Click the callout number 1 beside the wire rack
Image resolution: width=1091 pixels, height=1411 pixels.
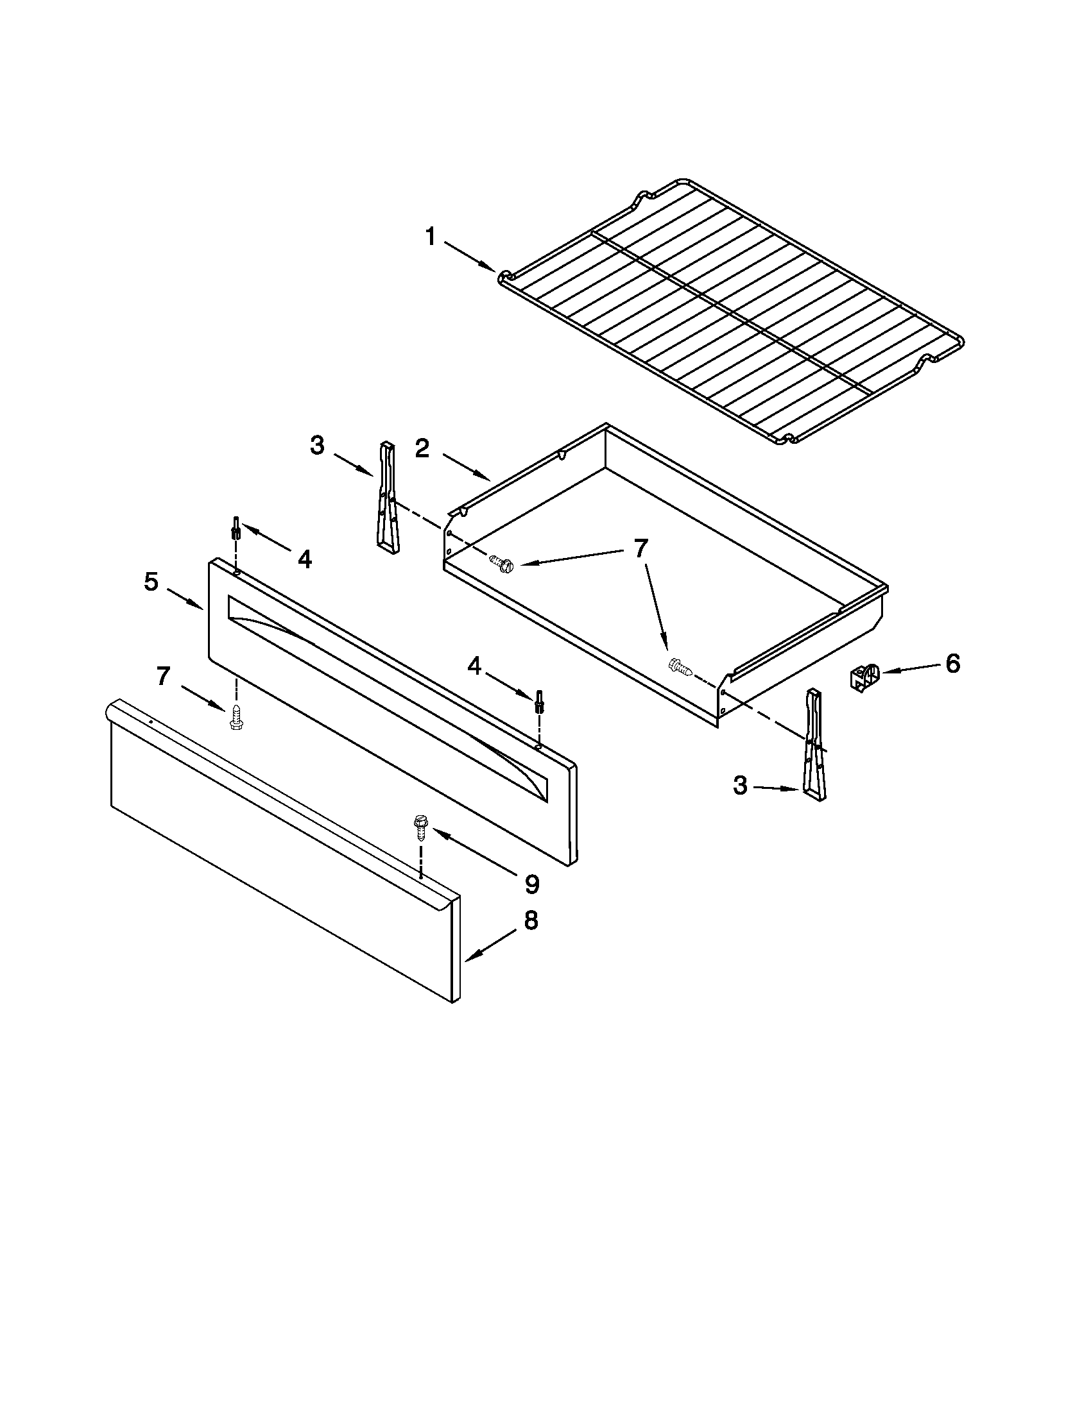click(431, 237)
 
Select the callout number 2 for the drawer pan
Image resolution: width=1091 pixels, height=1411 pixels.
click(422, 448)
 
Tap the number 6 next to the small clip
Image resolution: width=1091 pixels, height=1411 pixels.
click(952, 664)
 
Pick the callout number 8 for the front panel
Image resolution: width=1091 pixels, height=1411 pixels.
click(531, 920)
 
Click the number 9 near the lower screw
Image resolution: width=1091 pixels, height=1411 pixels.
click(531, 884)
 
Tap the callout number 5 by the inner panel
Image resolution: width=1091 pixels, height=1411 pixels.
click(151, 582)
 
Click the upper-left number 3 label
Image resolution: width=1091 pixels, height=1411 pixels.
click(316, 446)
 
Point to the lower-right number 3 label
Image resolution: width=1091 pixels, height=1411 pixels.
click(740, 786)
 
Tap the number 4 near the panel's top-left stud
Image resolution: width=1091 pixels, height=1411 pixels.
click(304, 559)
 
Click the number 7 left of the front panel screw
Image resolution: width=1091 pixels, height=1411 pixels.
click(163, 677)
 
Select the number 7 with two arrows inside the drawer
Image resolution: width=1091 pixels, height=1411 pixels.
click(640, 548)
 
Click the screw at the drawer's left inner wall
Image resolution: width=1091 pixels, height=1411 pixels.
click(502, 563)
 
